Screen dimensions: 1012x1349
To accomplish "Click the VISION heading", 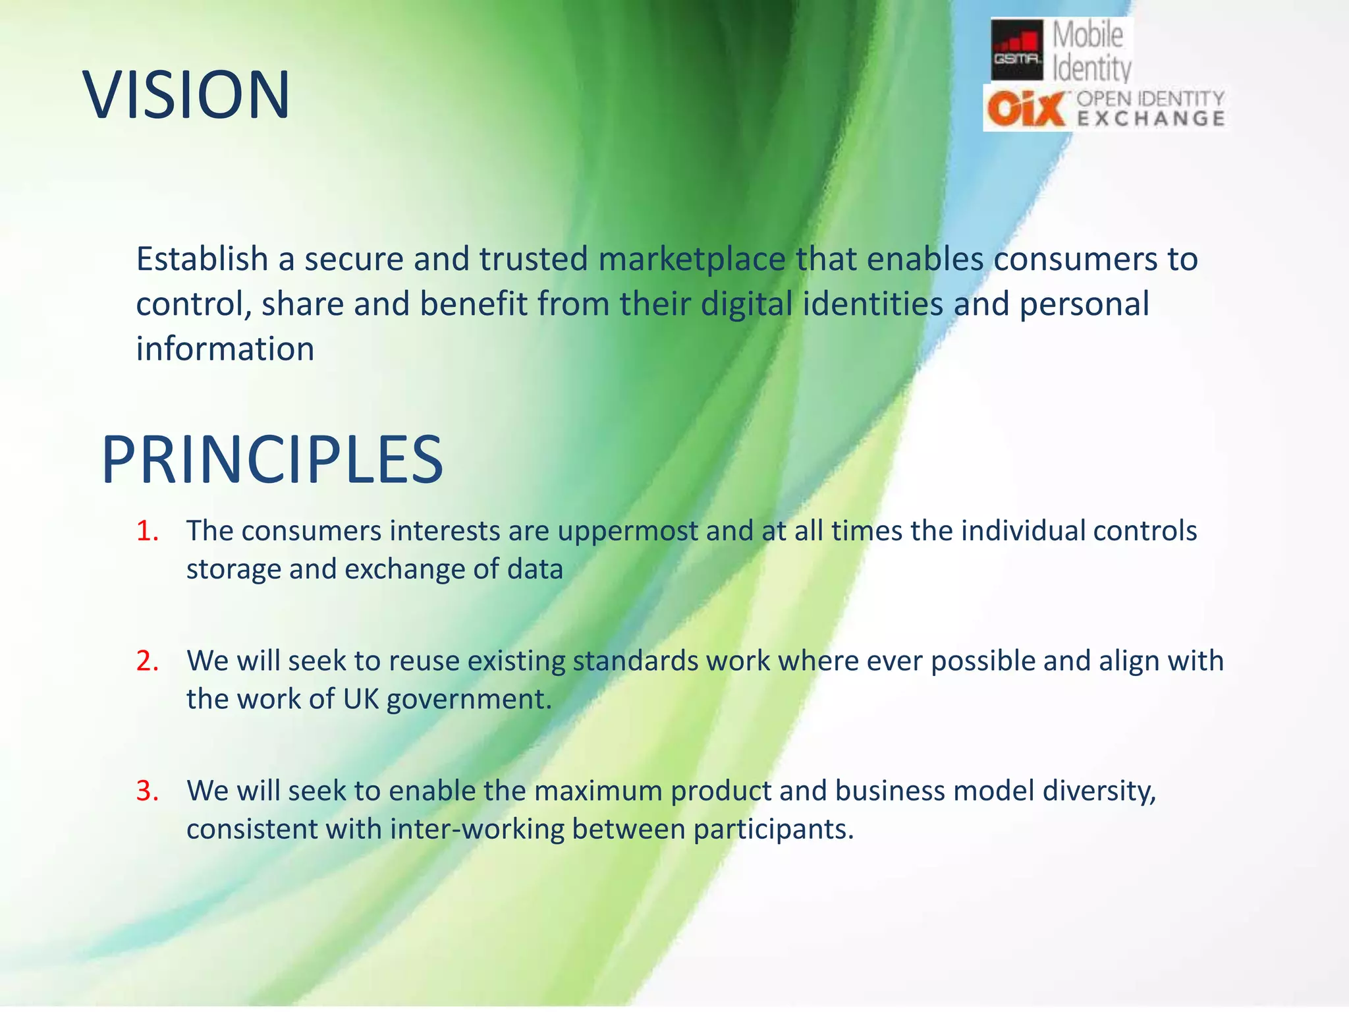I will (186, 96).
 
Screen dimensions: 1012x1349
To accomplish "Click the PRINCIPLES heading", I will (272, 460).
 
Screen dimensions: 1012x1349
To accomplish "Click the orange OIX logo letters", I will (1026, 109).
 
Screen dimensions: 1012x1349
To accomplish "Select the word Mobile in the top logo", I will (1087, 34).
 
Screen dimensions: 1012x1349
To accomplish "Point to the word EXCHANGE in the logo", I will (1151, 119).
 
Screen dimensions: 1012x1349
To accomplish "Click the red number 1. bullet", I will (148, 531).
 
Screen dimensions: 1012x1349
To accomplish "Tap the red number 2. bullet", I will (148, 661).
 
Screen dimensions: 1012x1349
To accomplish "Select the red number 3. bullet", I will (148, 791).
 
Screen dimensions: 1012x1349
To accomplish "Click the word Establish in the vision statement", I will (202, 259).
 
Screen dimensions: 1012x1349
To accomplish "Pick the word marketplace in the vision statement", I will (692, 259).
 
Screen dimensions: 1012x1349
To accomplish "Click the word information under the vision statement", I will (225, 349).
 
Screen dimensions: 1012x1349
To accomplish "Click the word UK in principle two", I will (361, 699).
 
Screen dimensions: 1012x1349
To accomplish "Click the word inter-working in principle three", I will (477, 829).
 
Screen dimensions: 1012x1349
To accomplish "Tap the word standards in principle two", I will (635, 661).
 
